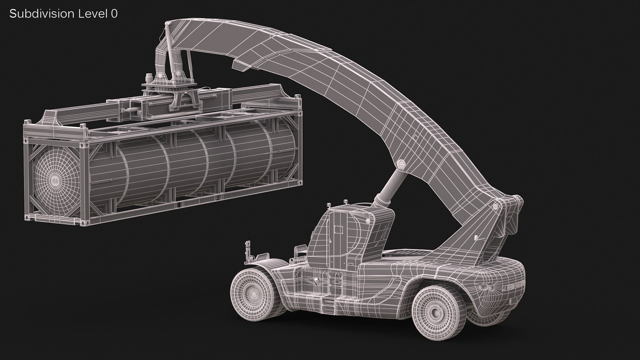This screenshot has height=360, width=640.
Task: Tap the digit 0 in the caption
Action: click(x=114, y=14)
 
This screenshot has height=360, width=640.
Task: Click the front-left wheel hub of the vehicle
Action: click(x=250, y=287)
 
